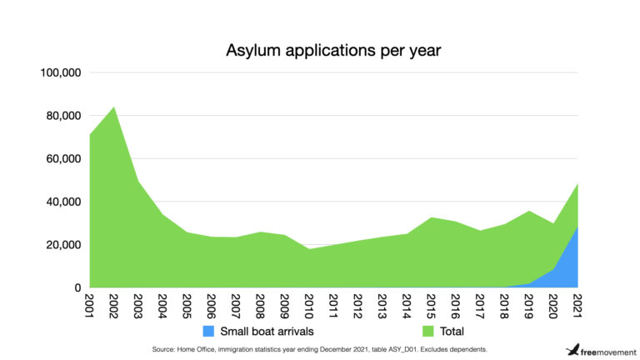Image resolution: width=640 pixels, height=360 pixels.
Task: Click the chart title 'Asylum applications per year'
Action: click(333, 50)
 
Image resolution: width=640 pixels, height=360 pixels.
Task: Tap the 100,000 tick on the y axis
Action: click(60, 72)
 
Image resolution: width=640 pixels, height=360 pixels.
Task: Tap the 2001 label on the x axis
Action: click(89, 305)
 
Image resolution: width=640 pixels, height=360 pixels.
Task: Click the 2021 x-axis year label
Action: click(576, 305)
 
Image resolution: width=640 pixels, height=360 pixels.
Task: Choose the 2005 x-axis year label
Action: click(187, 305)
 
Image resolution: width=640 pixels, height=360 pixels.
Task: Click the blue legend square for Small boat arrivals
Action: click(208, 331)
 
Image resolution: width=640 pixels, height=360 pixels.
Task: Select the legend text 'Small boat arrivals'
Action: click(267, 331)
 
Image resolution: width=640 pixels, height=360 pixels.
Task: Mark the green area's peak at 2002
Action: click(113, 107)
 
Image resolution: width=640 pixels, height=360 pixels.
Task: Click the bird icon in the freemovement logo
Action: click(572, 349)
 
